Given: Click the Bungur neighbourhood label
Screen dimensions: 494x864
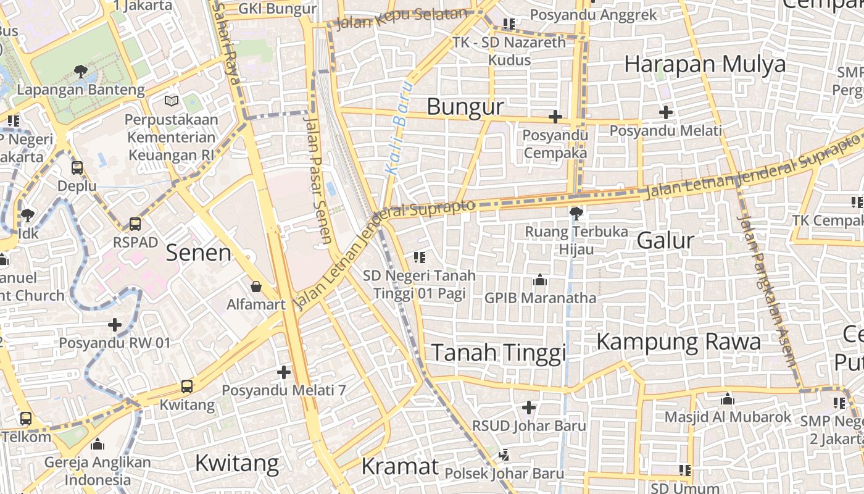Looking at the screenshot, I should [465, 107].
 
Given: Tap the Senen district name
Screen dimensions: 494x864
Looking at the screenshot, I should [199, 253].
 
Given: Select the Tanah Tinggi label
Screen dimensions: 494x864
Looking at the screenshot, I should [498, 353].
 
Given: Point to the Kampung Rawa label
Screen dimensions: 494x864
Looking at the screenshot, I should [678, 341].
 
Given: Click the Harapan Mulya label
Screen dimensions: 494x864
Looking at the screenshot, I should [705, 64].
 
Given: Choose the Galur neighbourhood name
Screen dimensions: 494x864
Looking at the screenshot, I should [665, 240].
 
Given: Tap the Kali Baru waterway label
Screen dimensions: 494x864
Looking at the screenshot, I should [397, 127].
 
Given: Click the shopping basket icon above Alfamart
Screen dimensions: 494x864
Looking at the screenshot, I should [256, 287].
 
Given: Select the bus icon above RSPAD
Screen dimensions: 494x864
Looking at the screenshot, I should [135, 224].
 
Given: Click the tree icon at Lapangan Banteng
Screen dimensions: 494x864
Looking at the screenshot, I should [80, 72].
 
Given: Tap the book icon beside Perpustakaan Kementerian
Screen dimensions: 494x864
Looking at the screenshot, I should [171, 101].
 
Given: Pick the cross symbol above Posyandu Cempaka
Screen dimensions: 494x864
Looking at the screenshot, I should [555, 116].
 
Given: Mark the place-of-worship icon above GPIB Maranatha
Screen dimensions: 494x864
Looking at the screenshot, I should [540, 280].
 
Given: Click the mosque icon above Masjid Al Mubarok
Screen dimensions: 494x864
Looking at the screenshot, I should [728, 399].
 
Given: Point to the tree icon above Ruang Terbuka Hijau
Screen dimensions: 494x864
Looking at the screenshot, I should [576, 214].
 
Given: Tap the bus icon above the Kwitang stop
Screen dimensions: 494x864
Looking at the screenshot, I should [187, 387].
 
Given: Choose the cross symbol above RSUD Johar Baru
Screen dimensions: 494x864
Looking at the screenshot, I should [529, 408].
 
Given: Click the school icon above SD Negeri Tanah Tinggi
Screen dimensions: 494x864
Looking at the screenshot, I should [420, 257].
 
